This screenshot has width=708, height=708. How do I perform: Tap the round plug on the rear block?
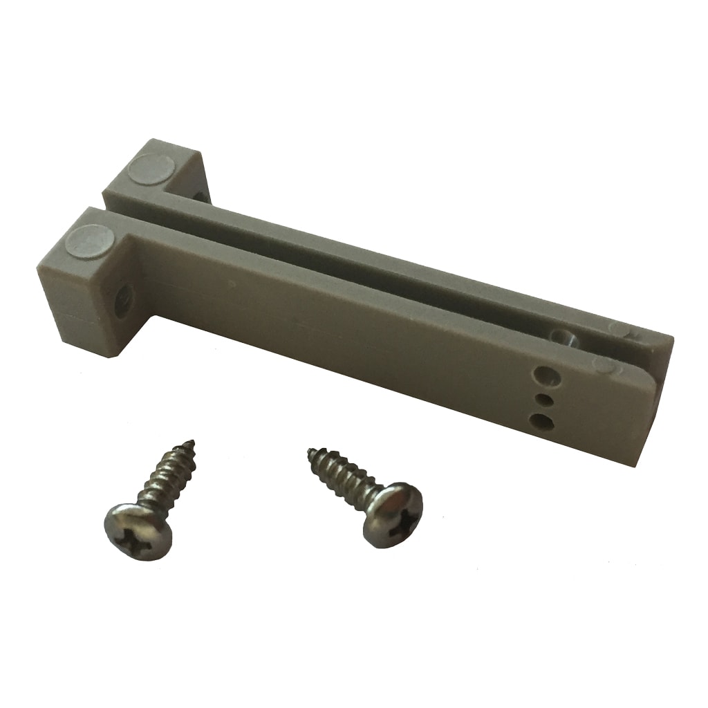click(x=152, y=168)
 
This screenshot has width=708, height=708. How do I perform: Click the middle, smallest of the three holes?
click(x=543, y=399)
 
